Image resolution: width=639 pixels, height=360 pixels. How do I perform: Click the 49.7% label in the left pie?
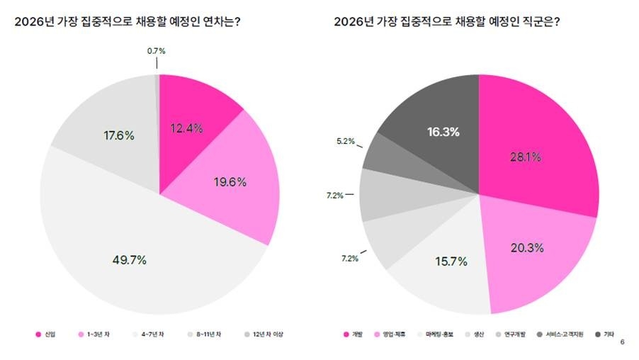click(x=129, y=260)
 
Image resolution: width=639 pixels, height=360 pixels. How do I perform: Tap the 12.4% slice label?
click(x=187, y=128)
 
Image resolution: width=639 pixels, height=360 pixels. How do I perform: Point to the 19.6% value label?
click(x=230, y=182)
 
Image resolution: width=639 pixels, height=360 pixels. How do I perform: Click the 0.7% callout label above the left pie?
click(x=156, y=51)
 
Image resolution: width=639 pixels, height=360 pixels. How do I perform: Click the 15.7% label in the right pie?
click(x=451, y=261)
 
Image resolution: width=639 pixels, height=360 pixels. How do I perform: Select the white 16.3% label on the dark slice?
click(x=443, y=132)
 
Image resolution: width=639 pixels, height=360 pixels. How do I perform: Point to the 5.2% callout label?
click(x=346, y=142)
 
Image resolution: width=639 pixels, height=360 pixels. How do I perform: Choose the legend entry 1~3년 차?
click(x=96, y=334)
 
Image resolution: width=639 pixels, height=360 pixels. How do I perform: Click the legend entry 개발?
click(x=356, y=334)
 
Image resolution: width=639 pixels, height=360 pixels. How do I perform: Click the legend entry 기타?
click(x=610, y=334)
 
